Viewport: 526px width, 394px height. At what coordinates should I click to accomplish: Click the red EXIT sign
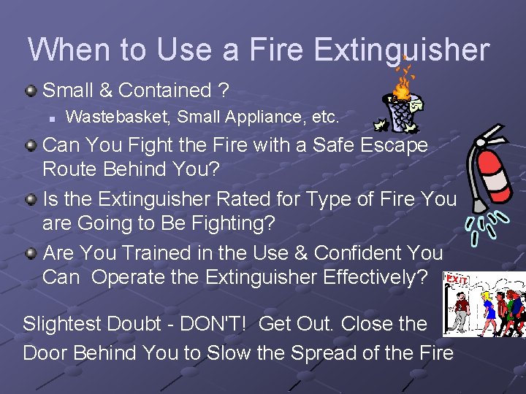click(x=457, y=279)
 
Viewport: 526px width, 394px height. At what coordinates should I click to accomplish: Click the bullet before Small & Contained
click(x=31, y=91)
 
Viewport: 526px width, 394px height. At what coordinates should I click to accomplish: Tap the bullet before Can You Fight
click(x=31, y=146)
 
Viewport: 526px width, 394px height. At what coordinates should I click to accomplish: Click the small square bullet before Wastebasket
click(x=53, y=117)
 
